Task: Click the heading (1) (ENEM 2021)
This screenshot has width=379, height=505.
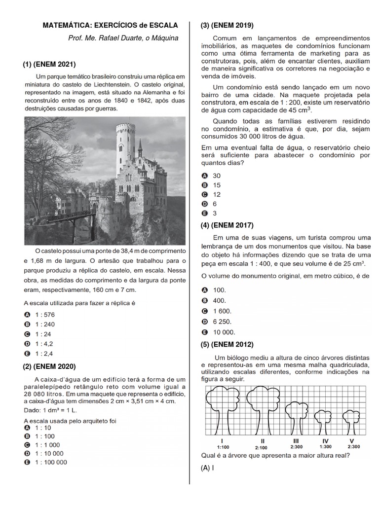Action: tap(49, 64)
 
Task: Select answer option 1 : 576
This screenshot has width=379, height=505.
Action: tap(44, 314)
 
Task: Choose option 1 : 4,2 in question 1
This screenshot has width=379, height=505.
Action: tap(44, 343)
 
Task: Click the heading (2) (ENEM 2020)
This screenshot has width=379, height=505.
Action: tap(49, 366)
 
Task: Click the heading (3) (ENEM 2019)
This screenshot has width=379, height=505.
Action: tap(227, 26)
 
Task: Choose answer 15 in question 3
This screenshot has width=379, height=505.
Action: tap(217, 185)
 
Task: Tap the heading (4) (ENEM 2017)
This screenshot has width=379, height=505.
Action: tap(227, 225)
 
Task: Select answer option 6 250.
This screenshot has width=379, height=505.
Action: tap(222, 322)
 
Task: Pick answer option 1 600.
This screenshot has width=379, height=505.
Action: tap(222, 311)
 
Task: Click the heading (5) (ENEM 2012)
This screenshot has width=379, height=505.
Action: tap(227, 344)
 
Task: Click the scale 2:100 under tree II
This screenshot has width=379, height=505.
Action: tap(261, 447)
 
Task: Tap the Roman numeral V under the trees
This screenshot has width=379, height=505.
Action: tap(351, 440)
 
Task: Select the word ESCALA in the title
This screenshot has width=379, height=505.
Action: tap(160, 25)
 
